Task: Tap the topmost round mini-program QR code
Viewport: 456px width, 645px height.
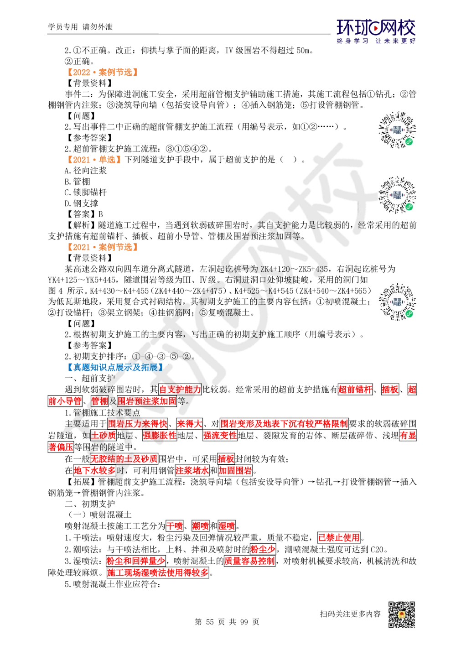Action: coord(397,130)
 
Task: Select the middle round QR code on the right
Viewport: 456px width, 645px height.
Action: coord(397,195)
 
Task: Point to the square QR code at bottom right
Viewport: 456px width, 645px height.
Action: coord(401,615)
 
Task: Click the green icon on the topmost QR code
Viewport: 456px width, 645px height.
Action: coord(409,141)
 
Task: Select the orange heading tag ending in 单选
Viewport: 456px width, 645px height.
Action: coord(93,159)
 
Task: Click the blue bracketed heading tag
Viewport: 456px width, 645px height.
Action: coord(114,367)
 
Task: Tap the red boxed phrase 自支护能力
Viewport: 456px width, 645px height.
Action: coord(180,390)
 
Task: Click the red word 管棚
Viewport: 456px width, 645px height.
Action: coord(99,401)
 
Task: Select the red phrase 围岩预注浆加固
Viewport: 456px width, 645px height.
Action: coord(147,401)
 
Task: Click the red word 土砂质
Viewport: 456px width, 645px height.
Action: coord(103,435)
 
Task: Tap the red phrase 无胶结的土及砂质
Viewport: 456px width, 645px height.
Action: coord(124,458)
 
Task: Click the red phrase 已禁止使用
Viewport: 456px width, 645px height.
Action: coord(339,537)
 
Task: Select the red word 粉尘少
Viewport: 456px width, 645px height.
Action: coord(263,549)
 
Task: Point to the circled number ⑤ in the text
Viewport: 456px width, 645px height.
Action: coord(203,313)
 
